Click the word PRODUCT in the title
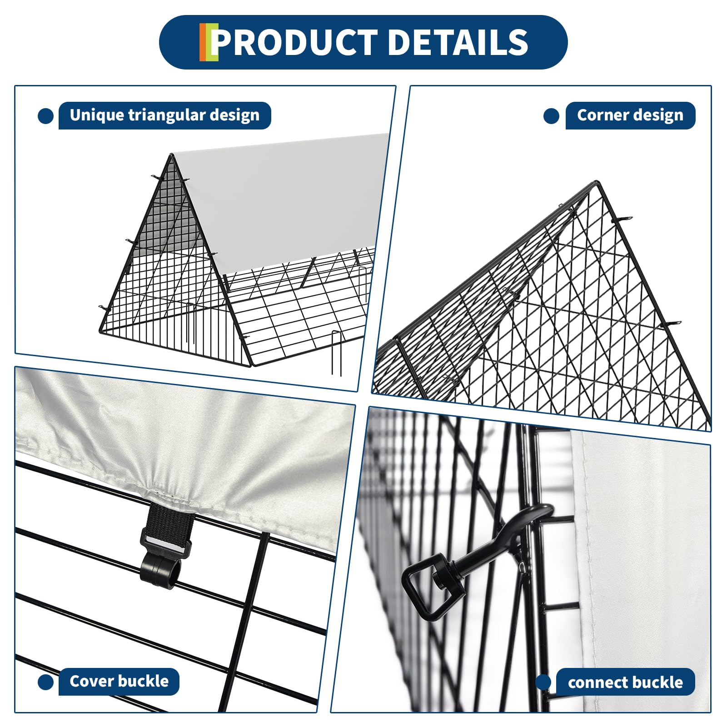pyautogui.click(x=294, y=42)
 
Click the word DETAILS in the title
pyautogui.click(x=458, y=42)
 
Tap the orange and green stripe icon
pyautogui.click(x=209, y=42)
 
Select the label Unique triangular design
pyautogui.click(x=164, y=115)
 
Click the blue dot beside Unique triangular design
pyautogui.click(x=45, y=116)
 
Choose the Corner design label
pyautogui.click(x=630, y=115)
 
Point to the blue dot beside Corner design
pyautogui.click(x=551, y=116)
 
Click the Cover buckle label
pyautogui.click(x=119, y=681)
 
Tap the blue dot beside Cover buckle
pyautogui.click(x=45, y=682)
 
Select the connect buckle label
pyautogui.click(x=625, y=682)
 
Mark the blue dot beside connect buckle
pyautogui.click(x=543, y=682)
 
